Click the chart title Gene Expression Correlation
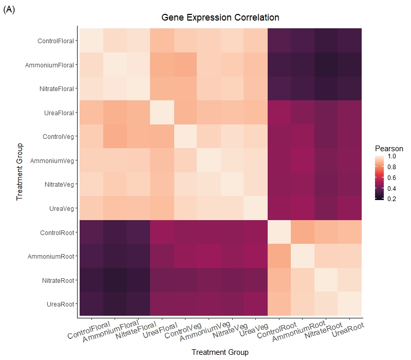(x=220, y=17)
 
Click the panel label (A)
(x=9, y=9)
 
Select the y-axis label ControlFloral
(x=55, y=41)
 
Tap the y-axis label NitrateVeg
(x=58, y=184)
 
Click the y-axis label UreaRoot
(x=60, y=303)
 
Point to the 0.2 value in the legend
(x=391, y=199)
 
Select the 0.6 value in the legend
(x=391, y=177)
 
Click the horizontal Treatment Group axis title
(x=220, y=352)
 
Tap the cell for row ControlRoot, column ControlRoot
(x=279, y=232)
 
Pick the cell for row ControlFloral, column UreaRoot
(x=350, y=41)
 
